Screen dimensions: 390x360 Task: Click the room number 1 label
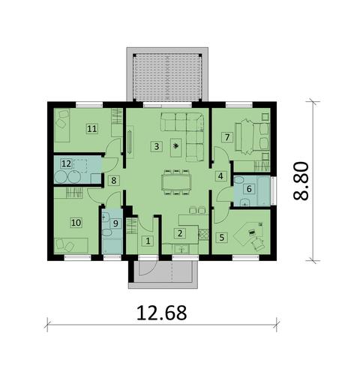click(148, 241)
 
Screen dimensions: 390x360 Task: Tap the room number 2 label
click(179, 233)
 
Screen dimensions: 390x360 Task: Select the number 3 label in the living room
click(157, 145)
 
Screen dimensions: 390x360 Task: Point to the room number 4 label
click(220, 176)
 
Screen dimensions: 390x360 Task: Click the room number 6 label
click(248, 187)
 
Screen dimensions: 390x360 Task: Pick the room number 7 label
click(226, 136)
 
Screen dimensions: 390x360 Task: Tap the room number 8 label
click(113, 180)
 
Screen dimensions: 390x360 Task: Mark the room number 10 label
click(76, 222)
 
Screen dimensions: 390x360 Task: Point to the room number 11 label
click(92, 128)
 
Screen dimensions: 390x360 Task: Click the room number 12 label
click(67, 163)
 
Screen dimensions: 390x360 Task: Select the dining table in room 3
click(177, 181)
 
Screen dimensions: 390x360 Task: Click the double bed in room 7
click(253, 133)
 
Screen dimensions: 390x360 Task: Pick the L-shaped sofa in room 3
click(187, 131)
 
